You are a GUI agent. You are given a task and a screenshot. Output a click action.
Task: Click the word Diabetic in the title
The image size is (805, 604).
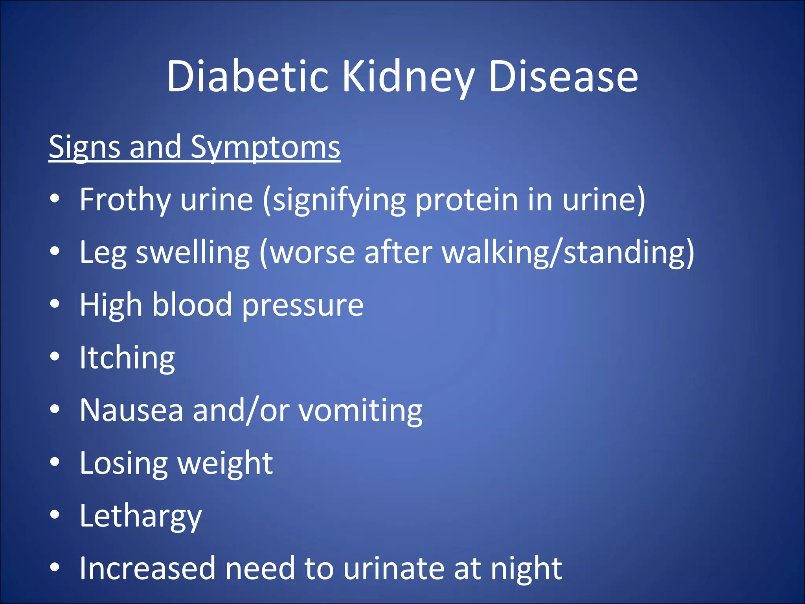pos(247,76)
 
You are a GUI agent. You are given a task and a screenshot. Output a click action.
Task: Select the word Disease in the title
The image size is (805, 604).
pos(563,76)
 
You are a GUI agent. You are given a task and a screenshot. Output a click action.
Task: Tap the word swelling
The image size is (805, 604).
pos(193,252)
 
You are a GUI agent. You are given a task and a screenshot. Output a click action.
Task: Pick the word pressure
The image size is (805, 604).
pos(303,305)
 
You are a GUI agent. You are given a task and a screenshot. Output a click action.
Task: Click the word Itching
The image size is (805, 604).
pos(127,358)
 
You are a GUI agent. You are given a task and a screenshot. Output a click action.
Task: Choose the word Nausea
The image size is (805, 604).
pos(131,411)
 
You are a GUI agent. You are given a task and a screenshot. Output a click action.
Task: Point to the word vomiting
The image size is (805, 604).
pos(360,411)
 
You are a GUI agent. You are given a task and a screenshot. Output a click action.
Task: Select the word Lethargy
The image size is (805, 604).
pos(140,516)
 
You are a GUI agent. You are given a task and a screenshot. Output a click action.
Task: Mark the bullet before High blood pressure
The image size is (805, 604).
pos(55,304)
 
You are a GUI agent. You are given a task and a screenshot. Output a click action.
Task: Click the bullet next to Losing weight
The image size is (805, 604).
pos(55,462)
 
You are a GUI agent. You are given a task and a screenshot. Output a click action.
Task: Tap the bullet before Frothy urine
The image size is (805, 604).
pos(55,199)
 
